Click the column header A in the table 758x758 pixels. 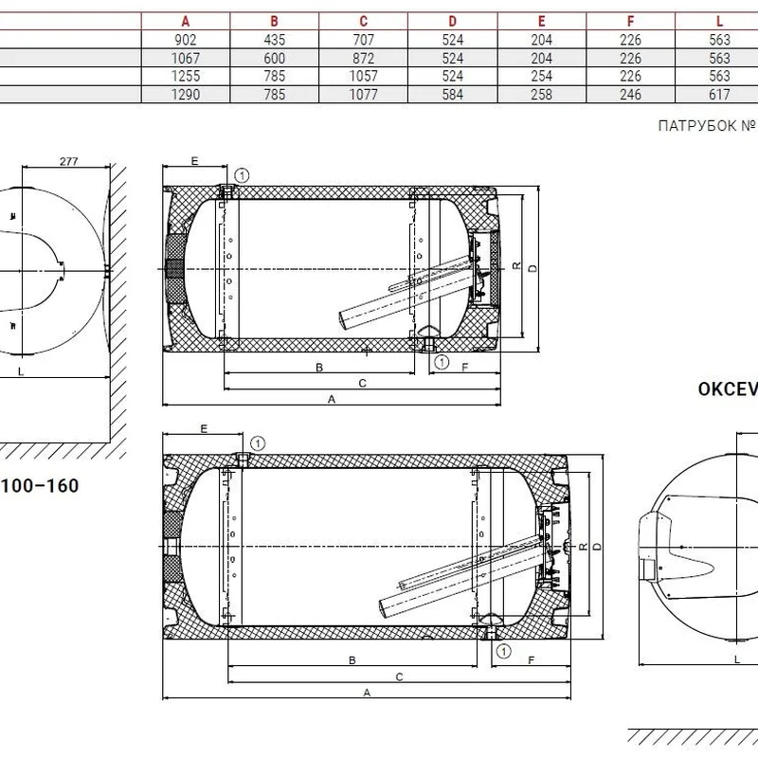tap(186, 21)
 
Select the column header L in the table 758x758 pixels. tap(719, 21)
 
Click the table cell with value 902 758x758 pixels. tap(186, 40)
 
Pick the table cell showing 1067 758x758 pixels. tap(186, 58)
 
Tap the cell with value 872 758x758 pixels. tap(364, 58)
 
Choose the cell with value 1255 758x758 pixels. tap(186, 76)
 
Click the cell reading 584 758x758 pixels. tap(453, 94)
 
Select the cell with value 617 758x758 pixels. tap(719, 94)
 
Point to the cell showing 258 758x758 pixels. tap(541, 94)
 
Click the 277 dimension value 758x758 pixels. tap(68, 161)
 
